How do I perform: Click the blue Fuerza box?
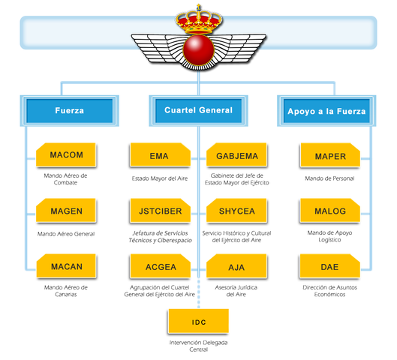[69, 112]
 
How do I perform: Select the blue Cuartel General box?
[198, 111]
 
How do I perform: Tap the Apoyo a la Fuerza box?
[326, 112]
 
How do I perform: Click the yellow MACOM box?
[66, 156]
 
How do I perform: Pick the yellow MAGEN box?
[66, 211]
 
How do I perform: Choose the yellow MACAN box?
[66, 266]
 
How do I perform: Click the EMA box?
[159, 156]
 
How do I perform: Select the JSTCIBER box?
[159, 211]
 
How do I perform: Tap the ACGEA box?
[159, 266]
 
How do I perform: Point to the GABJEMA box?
[236, 156]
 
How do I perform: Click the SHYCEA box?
[236, 211]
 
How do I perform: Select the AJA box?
[236, 266]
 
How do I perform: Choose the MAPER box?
[329, 156]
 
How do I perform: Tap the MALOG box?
[329, 211]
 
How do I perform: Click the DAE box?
[329, 266]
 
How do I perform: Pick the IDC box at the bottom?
[198, 322]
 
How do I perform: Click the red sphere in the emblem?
[198, 51]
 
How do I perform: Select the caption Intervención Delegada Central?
[198, 346]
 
